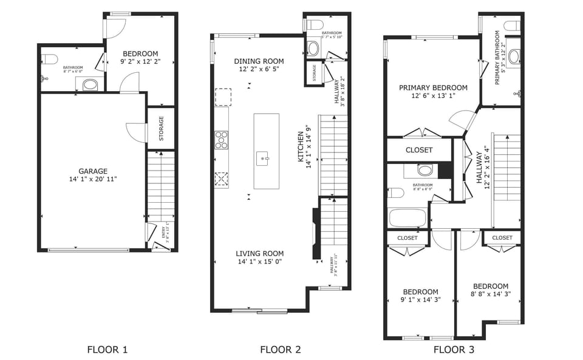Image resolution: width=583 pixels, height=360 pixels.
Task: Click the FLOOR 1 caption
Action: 107,349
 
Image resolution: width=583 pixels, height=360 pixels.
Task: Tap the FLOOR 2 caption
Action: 281,349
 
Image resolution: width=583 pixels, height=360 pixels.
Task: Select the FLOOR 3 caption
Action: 454,349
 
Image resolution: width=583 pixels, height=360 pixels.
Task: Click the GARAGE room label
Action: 93,171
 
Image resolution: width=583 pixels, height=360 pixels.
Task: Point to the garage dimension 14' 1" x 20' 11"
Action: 93,180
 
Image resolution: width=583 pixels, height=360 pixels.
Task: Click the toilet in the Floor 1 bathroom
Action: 50,59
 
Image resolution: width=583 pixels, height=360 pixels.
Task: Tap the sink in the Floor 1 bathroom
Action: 89,84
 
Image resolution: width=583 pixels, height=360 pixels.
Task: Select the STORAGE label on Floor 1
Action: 162,129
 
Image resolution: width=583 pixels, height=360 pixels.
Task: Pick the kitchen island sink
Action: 265,160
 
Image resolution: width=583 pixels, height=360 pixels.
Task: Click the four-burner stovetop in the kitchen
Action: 222,140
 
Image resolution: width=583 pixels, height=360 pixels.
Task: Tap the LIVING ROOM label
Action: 260,254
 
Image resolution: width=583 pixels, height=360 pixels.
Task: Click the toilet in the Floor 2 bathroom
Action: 314,25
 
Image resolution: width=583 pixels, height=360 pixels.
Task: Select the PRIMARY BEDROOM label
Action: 433,88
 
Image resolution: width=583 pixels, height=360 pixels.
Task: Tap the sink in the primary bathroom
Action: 514,56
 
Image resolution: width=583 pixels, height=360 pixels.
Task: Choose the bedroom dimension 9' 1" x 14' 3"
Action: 420,300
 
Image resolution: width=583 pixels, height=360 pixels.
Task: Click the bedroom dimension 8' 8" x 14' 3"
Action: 491,295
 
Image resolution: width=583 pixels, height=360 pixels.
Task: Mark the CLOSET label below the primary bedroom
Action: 419,150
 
